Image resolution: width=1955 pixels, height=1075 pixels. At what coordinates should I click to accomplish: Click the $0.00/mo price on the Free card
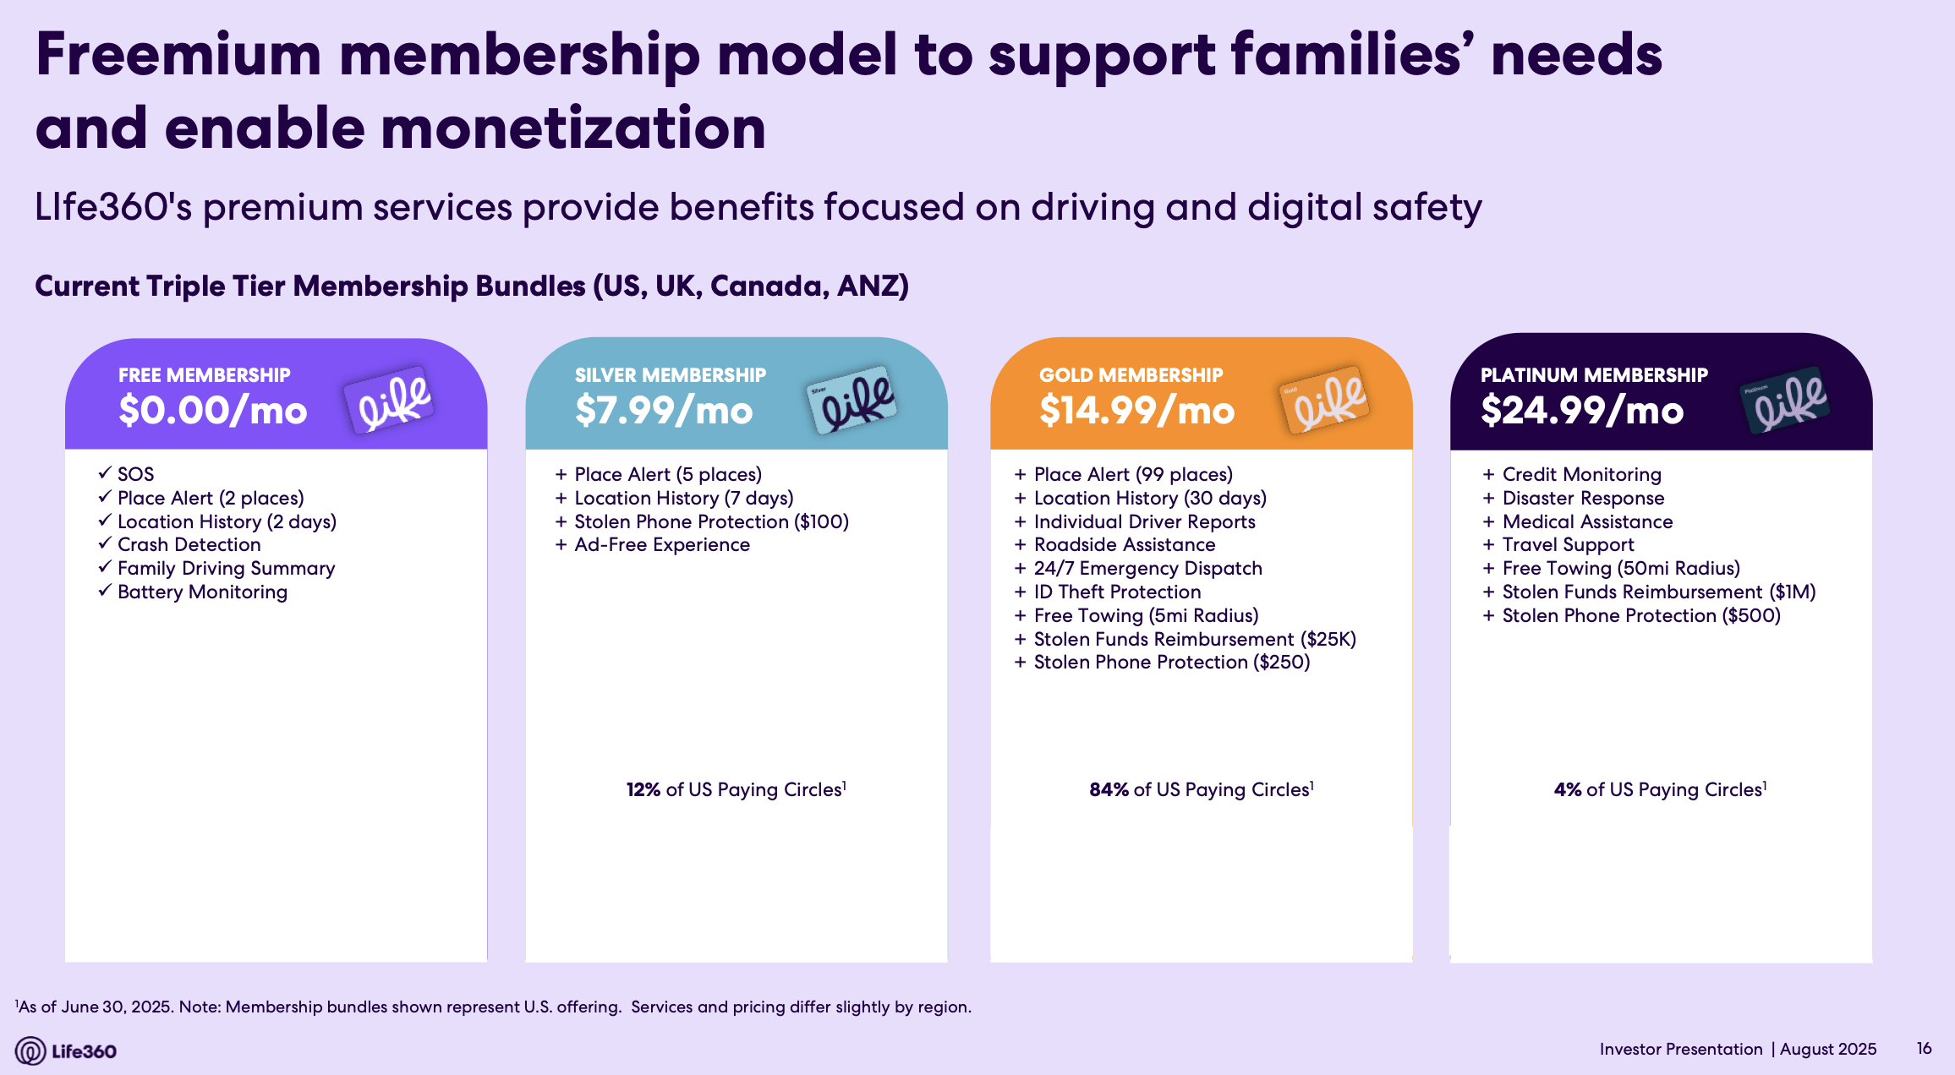tap(212, 411)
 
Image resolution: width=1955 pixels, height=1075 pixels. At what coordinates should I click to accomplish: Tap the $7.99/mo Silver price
tap(664, 411)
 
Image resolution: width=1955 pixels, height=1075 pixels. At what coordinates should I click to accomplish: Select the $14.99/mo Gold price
tap(1136, 411)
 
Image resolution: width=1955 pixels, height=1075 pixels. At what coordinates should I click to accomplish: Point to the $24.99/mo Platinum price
tap(1582, 411)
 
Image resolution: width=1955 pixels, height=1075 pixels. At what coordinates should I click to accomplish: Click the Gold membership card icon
tap(1325, 400)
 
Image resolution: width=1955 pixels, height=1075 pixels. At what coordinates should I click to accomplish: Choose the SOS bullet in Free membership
tap(135, 474)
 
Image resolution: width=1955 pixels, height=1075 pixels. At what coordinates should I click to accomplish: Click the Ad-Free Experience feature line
tap(661, 545)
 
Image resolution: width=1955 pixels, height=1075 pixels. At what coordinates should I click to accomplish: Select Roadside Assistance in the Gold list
tap(1124, 545)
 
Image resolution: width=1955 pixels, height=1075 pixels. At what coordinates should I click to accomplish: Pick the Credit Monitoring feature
tap(1581, 474)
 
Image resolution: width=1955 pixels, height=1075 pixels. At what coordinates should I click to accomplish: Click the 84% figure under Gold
tap(1109, 789)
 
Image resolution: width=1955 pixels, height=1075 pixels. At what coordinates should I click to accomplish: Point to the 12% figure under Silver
tap(643, 789)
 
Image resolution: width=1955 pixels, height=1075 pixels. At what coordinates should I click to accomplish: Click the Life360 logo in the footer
tap(66, 1050)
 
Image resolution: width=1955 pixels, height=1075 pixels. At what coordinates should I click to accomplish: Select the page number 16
tap(1924, 1048)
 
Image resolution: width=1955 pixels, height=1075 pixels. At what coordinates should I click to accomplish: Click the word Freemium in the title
tap(178, 55)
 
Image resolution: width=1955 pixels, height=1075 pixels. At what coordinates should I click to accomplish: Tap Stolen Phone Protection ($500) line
tap(1640, 616)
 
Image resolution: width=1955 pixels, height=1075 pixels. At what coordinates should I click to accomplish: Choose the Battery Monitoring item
tap(202, 592)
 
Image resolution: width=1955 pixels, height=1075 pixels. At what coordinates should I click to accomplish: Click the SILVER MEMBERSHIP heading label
tap(670, 375)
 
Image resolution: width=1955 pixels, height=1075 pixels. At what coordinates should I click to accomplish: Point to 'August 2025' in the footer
tap(1827, 1049)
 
